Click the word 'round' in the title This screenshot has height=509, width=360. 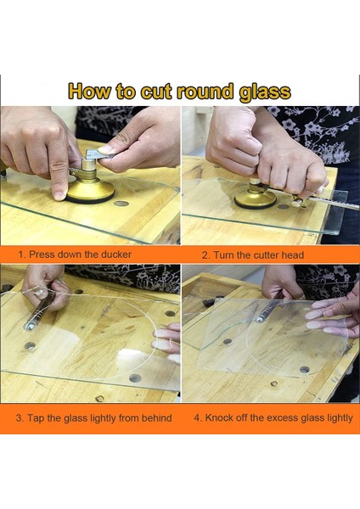(205, 92)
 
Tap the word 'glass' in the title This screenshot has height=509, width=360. (264, 92)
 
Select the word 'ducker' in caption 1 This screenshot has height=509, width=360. (116, 255)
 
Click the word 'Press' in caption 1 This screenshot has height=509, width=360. (41, 255)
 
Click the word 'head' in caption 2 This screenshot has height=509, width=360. (292, 255)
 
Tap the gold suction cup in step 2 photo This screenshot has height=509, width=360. (256, 197)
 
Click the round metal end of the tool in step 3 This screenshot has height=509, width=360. (29, 326)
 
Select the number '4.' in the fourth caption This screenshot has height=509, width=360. (198, 417)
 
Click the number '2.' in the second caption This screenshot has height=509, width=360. (205, 255)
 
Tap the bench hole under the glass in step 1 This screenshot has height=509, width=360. (121, 204)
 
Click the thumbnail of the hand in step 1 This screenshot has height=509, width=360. (105, 149)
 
